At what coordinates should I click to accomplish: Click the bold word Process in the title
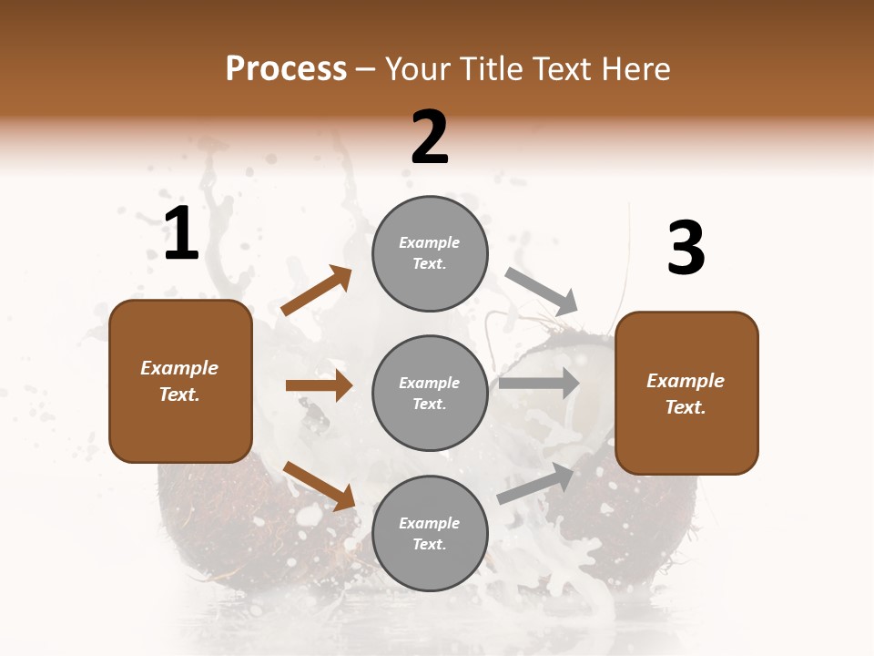(x=286, y=69)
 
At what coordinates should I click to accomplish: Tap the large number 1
(x=181, y=234)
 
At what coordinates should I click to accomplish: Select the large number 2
(x=430, y=138)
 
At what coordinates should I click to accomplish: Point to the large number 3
(x=686, y=249)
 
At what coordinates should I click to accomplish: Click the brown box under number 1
(x=180, y=381)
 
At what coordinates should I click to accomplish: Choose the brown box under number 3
(x=686, y=394)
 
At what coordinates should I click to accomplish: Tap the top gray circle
(x=430, y=253)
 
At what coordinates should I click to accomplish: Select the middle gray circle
(x=430, y=393)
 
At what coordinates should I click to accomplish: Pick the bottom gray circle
(x=430, y=533)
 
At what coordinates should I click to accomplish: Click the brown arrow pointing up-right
(x=317, y=291)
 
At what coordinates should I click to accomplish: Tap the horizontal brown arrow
(x=319, y=385)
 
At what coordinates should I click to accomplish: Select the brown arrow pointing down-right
(x=319, y=485)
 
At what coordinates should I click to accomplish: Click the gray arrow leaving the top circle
(x=542, y=292)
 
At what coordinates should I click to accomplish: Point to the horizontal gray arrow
(x=539, y=384)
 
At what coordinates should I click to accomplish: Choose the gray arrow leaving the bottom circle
(x=536, y=483)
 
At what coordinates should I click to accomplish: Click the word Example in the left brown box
(x=179, y=368)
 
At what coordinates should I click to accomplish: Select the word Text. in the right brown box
(x=686, y=407)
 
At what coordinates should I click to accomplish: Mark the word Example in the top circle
(x=430, y=242)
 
